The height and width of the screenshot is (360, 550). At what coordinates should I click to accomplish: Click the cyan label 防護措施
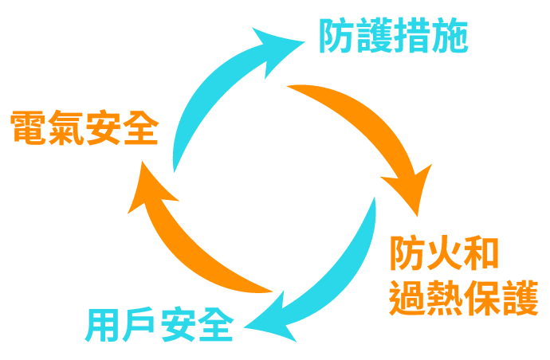393,37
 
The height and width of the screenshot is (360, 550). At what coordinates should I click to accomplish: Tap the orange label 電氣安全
84,127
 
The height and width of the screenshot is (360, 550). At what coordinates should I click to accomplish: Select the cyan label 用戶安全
159,324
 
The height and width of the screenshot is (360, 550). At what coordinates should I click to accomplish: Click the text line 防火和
444,254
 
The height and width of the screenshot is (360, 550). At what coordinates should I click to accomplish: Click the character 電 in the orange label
29,127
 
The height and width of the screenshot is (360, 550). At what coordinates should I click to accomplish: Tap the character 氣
65,127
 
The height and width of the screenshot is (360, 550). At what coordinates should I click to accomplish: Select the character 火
444,254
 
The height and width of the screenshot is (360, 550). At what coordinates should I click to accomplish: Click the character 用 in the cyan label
103,324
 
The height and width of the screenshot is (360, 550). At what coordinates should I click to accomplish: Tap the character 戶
139,324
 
